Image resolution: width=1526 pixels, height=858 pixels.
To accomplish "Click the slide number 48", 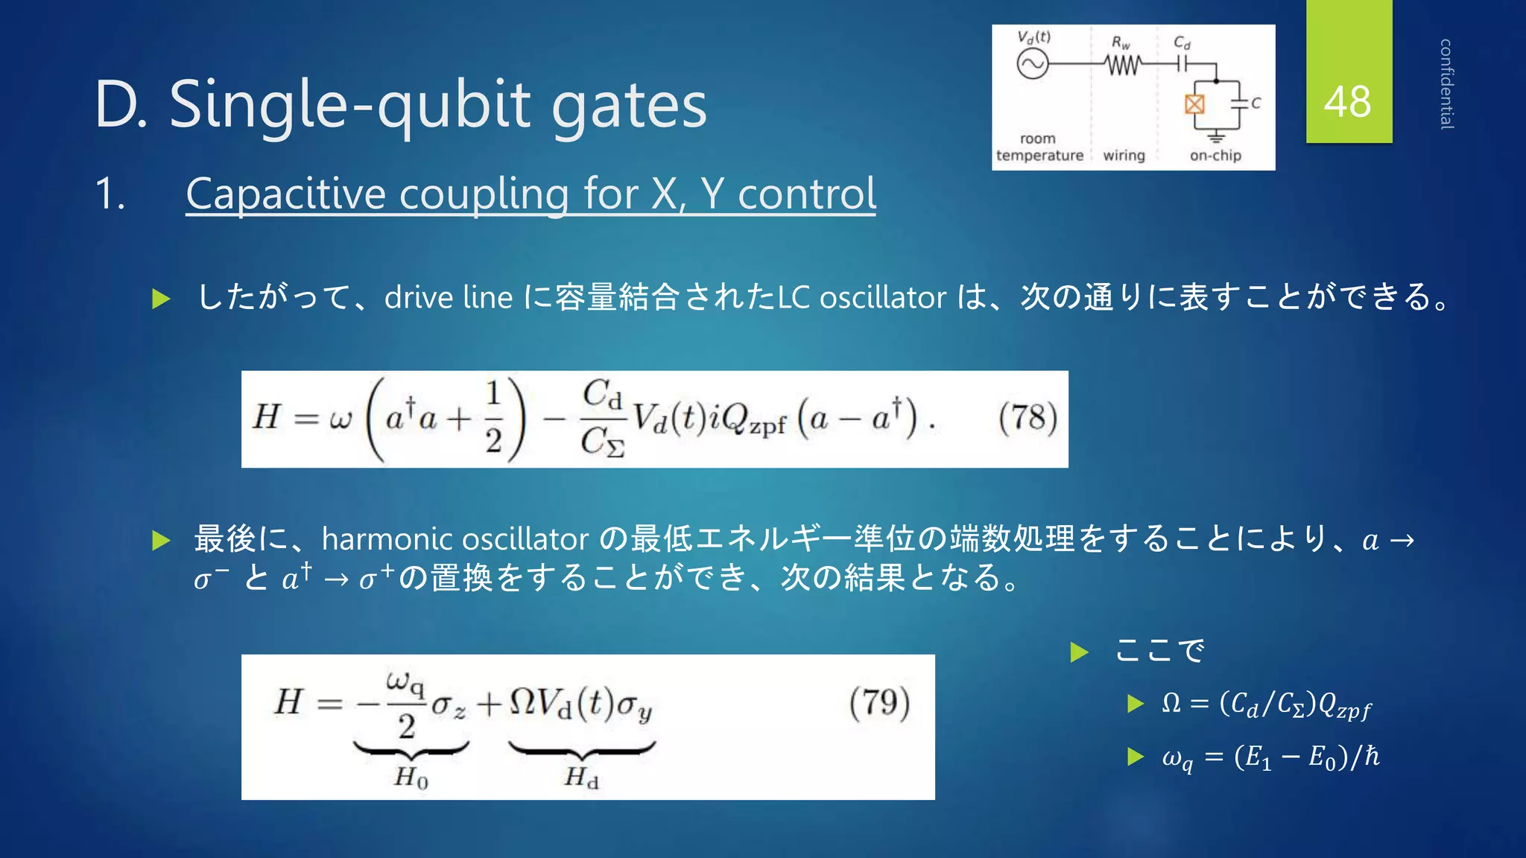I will point(1347,102).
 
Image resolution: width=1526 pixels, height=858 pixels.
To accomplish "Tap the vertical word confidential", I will point(1446,83).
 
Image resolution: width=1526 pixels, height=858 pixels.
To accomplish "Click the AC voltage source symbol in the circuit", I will point(1032,64).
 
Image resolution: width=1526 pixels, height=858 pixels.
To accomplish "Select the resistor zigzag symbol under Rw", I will point(1123,66).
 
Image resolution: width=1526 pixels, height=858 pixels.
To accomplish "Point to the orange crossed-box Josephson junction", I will point(1194,104).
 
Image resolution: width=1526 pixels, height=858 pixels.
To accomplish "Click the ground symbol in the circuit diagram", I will point(1216,136).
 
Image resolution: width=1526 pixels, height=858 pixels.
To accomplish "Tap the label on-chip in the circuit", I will point(1215,155).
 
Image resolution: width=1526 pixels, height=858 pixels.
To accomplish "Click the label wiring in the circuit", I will point(1124,155).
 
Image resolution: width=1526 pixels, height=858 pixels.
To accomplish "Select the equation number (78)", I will point(1028,418).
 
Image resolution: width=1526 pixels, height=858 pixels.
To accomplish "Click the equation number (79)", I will point(879,702).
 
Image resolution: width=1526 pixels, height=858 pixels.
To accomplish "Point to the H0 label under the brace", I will point(411,778).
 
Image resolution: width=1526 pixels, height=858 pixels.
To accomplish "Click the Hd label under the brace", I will point(581,778).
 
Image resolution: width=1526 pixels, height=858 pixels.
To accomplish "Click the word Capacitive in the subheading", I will point(286,194).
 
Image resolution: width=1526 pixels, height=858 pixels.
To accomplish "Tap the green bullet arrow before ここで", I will point(1079,652).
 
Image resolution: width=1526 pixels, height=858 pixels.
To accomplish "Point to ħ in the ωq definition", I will point(1371,756).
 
